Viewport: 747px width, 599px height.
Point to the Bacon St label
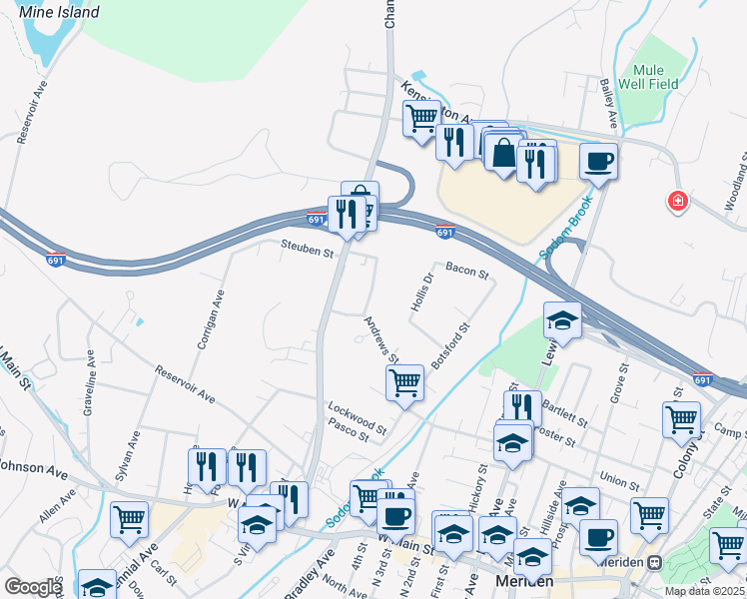(x=466, y=271)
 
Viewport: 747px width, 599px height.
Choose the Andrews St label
(x=381, y=339)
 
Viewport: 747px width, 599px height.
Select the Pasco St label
(x=349, y=431)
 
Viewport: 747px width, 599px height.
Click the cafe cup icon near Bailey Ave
(x=598, y=161)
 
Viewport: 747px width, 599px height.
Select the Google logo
(x=32, y=586)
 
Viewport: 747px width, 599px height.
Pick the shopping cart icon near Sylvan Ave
(x=130, y=518)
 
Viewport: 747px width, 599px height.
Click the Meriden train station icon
(x=655, y=562)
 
